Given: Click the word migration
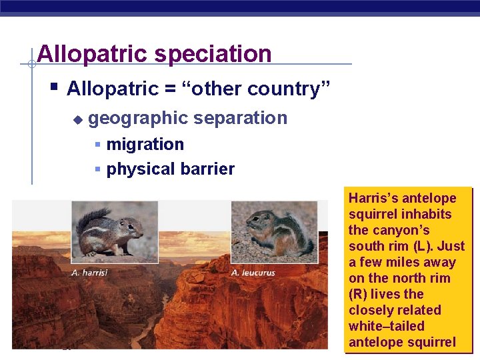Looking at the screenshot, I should tap(145, 144).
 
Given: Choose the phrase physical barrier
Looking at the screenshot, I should tap(170, 169).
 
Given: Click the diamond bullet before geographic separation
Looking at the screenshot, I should tap(77, 119).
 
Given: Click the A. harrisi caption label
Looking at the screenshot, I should tap(89, 272).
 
